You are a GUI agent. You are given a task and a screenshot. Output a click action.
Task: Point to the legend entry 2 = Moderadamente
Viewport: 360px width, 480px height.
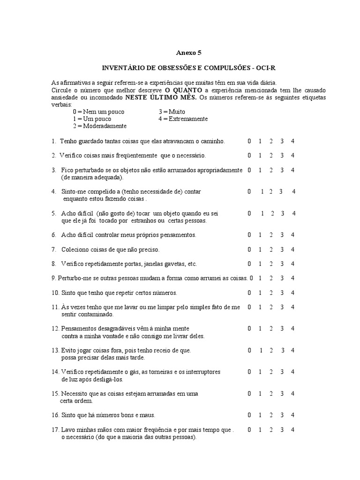[x=99, y=126]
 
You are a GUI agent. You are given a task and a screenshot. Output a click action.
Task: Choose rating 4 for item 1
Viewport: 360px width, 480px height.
[x=292, y=141]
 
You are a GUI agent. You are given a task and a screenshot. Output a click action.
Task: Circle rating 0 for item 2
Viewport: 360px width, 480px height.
[x=249, y=156]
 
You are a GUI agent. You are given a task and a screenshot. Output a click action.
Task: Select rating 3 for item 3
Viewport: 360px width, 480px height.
[x=282, y=170]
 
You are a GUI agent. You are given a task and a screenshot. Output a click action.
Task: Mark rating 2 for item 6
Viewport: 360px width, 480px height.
[x=271, y=235]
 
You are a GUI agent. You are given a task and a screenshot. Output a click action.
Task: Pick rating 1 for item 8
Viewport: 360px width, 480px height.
[x=260, y=264]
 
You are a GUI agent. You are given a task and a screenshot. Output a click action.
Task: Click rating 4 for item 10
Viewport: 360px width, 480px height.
[x=292, y=293]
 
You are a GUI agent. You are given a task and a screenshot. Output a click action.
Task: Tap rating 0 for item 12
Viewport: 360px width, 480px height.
[x=249, y=329]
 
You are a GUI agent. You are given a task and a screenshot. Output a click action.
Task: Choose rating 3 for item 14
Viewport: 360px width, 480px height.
[x=282, y=372]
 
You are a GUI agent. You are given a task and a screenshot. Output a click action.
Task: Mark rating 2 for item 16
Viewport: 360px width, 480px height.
[x=271, y=415]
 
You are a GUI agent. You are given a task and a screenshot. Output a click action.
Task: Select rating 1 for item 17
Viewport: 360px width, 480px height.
[x=260, y=430]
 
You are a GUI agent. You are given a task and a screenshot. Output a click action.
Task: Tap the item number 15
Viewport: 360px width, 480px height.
[x=55, y=394]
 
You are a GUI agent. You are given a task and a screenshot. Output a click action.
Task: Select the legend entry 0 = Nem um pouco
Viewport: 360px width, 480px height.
[x=98, y=112]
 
